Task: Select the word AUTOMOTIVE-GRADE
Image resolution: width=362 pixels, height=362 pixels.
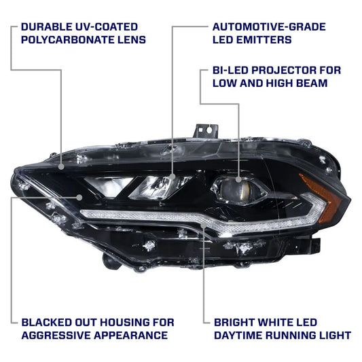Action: [269, 27]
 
